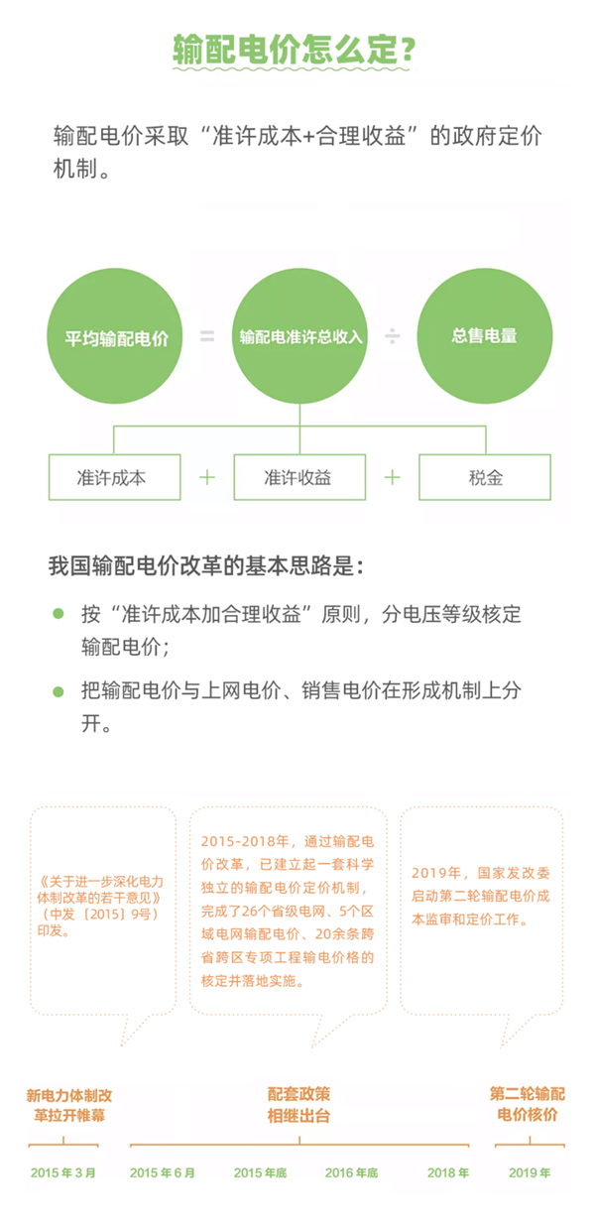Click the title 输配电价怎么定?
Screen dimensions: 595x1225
pyautogui.click(x=294, y=50)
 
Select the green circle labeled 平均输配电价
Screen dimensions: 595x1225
pyautogui.click(x=115, y=336)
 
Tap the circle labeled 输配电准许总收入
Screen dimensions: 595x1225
pyautogui.click(x=299, y=336)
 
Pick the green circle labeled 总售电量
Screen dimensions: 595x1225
pyautogui.click(x=485, y=336)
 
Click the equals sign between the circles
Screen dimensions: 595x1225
pyautogui.click(x=207, y=336)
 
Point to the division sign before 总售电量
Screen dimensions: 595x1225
pyautogui.click(x=392, y=336)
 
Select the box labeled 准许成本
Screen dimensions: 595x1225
pyautogui.click(x=115, y=477)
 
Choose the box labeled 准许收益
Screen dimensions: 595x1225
pyautogui.click(x=299, y=477)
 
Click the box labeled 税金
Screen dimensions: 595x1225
pyautogui.click(x=485, y=477)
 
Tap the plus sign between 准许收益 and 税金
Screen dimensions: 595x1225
pyautogui.click(x=392, y=478)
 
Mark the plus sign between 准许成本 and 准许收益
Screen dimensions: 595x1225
pyautogui.click(x=207, y=478)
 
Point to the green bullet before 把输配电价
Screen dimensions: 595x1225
pyautogui.click(x=59, y=691)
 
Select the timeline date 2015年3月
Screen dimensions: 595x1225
pyautogui.click(x=62, y=1173)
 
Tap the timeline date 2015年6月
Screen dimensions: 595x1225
pyautogui.click(x=163, y=1173)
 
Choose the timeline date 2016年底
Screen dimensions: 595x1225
pyautogui.click(x=352, y=1173)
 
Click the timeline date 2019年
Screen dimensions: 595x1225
pyautogui.click(x=530, y=1173)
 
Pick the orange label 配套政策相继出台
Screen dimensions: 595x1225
pyautogui.click(x=299, y=1105)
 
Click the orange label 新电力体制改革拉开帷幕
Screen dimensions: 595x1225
pyautogui.click(x=69, y=1105)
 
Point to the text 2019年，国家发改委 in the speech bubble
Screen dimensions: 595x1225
pyautogui.click(x=481, y=873)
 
